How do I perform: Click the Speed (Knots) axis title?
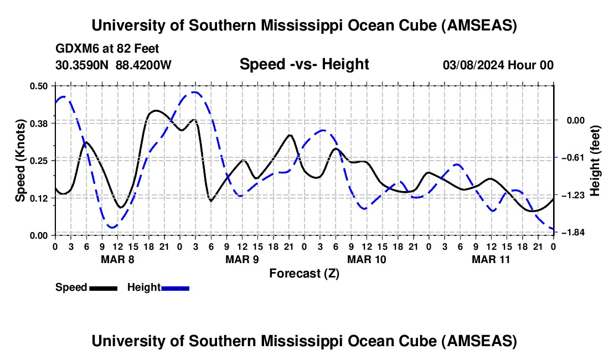20,160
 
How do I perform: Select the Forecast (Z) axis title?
304,273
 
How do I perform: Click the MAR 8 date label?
117,259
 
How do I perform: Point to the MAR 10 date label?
367,259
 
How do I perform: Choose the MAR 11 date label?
491,259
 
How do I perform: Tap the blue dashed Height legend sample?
175,287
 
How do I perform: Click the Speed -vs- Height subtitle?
304,64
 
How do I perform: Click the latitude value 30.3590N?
82,65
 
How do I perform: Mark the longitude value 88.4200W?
143,65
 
